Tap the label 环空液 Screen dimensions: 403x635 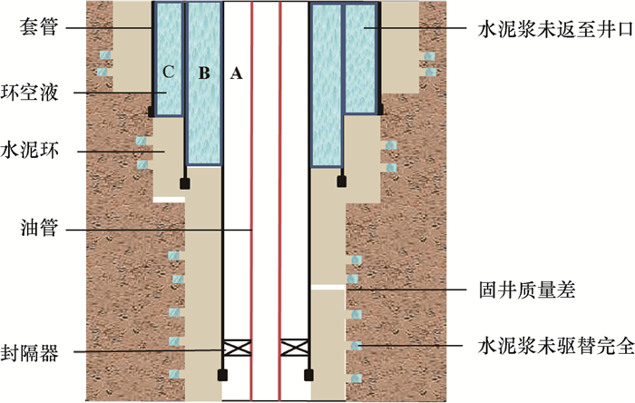pyautogui.click(x=46, y=92)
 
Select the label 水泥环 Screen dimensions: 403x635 pyautogui.click(x=46, y=148)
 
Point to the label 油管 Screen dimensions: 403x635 pyautogui.click(x=37, y=230)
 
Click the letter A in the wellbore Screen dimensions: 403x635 pyautogui.click(x=237, y=74)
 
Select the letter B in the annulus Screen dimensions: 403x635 pyautogui.click(x=203, y=74)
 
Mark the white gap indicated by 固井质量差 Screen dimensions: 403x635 pyautogui.click(x=327, y=287)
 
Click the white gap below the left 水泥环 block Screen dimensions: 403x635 pyautogui.click(x=169, y=199)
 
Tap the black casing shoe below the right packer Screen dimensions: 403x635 pyautogui.click(x=308, y=373)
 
